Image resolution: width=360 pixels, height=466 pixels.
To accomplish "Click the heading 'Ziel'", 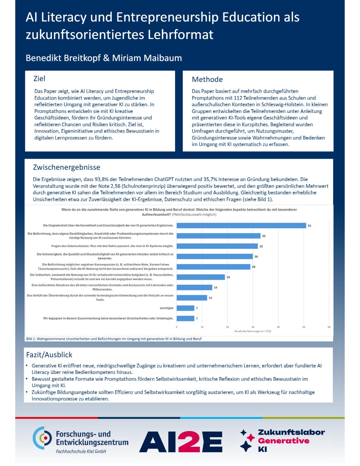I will pyautogui.click(x=39, y=79).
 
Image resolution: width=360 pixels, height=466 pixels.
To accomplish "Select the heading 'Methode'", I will pyautogui.click(x=207, y=79).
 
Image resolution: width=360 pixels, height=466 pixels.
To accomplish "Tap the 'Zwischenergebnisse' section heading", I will pyautogui.click(x=66, y=167).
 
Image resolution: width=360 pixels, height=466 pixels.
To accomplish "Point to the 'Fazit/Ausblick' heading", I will pyautogui.click(x=49, y=355).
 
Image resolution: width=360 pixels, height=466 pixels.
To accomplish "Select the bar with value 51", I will pyautogui.click(x=241, y=226).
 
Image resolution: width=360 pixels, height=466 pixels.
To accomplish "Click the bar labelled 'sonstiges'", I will pyautogui.click(x=185, y=308).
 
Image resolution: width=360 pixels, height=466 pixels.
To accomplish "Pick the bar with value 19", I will pyautogui.click(x=201, y=277).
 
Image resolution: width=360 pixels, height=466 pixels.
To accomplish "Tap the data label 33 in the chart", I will pyautogui.click(x=264, y=236).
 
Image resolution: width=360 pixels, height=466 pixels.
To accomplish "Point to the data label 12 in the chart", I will pyautogui.click(x=210, y=298).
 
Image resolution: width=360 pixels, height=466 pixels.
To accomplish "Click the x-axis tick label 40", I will pyautogui.click(x=278, y=327).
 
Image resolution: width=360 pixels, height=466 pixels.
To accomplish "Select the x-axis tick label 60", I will pyautogui.click(x=329, y=327).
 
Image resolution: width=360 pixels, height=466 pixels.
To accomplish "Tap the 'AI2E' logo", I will pyautogui.click(x=181, y=442).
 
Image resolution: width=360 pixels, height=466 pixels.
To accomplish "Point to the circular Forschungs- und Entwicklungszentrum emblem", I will pyautogui.click(x=42, y=438).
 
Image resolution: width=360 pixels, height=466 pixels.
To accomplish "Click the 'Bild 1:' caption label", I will pyautogui.click(x=31, y=339).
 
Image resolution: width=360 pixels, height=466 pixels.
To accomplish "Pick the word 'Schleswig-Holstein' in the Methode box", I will pyautogui.click(x=282, y=104).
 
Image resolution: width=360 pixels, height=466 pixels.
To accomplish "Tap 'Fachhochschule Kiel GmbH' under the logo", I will pyautogui.click(x=81, y=452).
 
